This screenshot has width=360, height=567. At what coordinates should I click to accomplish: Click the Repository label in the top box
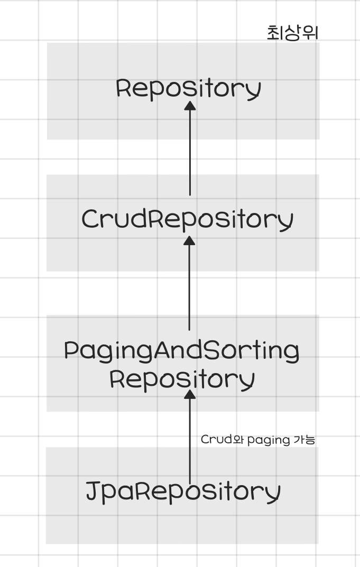188,88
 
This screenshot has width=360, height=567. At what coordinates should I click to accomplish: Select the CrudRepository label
187,219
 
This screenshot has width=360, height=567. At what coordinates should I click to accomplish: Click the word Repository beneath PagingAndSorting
182,379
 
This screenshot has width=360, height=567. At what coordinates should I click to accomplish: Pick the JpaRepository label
182,491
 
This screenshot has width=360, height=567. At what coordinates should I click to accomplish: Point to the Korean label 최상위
292,33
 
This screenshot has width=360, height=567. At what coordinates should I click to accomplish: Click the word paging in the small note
269,440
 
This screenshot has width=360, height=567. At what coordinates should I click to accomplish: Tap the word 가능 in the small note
304,440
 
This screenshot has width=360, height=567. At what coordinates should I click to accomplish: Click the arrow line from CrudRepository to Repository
190,153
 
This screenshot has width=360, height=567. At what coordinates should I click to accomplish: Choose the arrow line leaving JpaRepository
190,439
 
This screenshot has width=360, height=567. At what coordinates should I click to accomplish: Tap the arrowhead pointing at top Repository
190,106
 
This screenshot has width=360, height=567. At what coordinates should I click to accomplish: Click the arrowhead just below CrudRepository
190,241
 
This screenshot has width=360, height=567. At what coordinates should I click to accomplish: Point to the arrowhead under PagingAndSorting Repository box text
190,394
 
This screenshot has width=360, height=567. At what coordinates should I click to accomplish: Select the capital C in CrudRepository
90,219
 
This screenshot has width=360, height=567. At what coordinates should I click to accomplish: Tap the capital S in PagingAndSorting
211,350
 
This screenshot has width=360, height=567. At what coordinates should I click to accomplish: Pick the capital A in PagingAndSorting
162,350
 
